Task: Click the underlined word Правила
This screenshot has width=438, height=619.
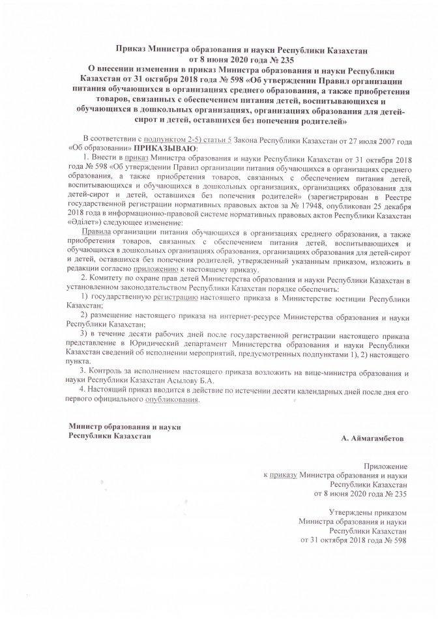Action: (x=97, y=231)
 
